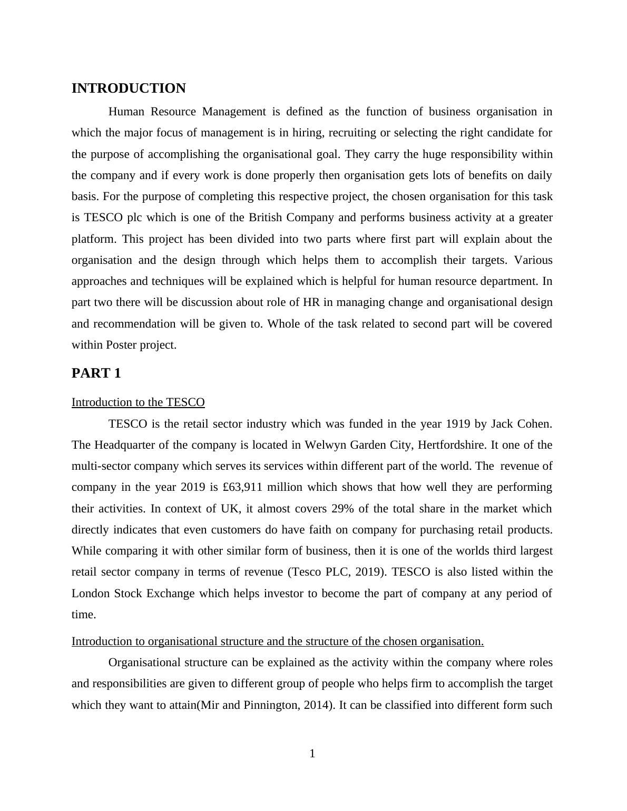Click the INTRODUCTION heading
coord(129,88)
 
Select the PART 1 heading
coord(96,373)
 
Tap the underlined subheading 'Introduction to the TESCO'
coord(138,402)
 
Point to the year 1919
coord(458,424)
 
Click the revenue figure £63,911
coord(243,487)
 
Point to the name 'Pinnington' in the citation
coord(270,705)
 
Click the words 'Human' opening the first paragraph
coord(126,112)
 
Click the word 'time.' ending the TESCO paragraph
coord(84,615)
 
